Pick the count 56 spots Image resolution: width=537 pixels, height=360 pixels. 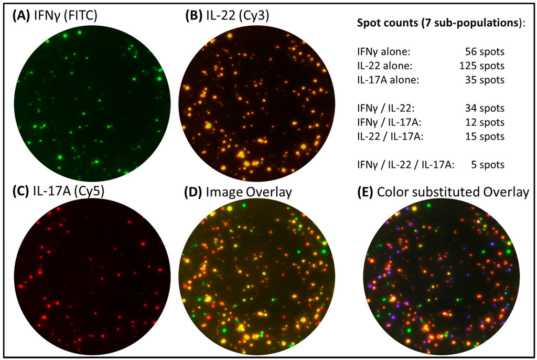(x=484, y=52)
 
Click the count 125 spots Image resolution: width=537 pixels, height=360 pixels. (x=481, y=66)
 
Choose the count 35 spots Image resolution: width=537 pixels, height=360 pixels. (x=484, y=80)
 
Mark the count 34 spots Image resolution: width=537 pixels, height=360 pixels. (x=484, y=108)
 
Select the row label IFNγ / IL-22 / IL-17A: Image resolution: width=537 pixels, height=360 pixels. (x=405, y=165)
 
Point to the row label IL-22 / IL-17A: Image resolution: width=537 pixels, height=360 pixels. (x=390, y=136)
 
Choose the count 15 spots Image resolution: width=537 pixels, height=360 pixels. (x=484, y=136)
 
